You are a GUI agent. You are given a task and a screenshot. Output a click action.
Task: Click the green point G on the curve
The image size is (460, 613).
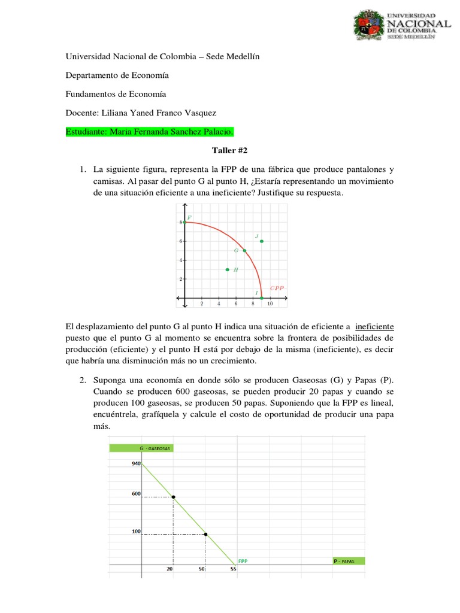pyautogui.click(x=244, y=251)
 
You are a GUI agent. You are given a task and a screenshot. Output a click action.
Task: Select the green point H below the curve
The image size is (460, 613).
pyautogui.click(x=227, y=269)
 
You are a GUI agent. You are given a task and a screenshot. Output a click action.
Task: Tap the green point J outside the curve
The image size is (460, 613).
pyautogui.click(x=262, y=241)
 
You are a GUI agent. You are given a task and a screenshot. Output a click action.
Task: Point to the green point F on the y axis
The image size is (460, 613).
pyautogui.click(x=184, y=222)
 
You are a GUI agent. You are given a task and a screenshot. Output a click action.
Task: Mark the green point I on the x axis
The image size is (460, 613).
pyautogui.click(x=262, y=298)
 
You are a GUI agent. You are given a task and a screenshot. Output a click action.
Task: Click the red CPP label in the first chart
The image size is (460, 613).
pyautogui.click(x=276, y=288)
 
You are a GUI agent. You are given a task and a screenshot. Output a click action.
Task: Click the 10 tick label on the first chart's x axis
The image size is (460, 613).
pyautogui.click(x=270, y=304)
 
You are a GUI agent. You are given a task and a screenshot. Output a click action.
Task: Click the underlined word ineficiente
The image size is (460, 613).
pyautogui.click(x=375, y=327)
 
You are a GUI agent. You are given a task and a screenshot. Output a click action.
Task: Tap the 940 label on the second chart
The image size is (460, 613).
pyautogui.click(x=136, y=463)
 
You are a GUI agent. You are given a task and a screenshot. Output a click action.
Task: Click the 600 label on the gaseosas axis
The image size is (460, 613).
pyautogui.click(x=136, y=494)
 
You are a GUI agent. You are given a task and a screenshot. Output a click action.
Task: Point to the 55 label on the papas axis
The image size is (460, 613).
pyautogui.click(x=233, y=569)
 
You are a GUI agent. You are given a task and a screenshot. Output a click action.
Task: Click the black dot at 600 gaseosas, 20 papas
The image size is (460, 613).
pyautogui.click(x=174, y=497)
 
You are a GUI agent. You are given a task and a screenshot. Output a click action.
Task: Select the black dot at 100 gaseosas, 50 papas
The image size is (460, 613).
pyautogui.click(x=205, y=534)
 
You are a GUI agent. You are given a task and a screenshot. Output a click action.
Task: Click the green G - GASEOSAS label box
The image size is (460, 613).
pyautogui.click(x=141, y=448)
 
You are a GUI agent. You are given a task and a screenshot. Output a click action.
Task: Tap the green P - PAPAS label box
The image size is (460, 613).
pyautogui.click(x=348, y=561)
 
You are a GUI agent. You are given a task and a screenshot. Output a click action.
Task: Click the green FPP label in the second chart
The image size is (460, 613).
pyautogui.click(x=243, y=561)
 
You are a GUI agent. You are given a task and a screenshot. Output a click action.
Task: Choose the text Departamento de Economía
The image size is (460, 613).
pyautogui.click(x=117, y=75)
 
